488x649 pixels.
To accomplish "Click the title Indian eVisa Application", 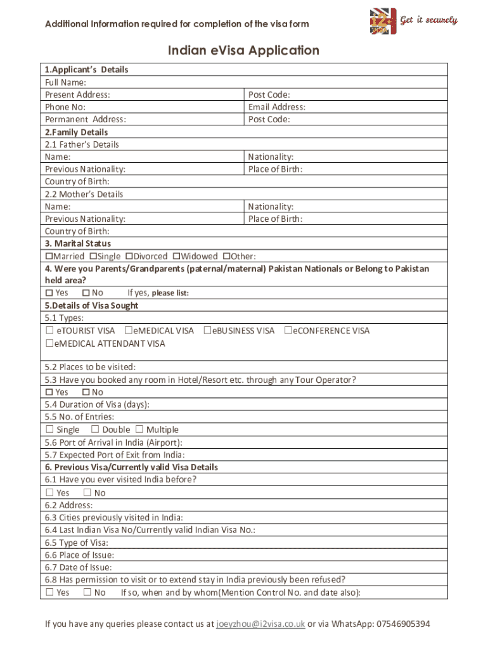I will coord(243,51).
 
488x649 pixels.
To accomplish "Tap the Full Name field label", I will coord(66,82).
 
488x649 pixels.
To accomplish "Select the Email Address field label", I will coord(277,107).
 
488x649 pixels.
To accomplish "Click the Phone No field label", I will coord(65,107).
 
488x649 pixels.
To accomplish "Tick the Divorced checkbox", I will coord(129,257).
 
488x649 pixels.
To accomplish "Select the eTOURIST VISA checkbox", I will coord(49,331).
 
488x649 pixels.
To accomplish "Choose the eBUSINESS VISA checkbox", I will coord(207,331).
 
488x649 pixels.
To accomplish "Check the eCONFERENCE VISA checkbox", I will coord(288,331).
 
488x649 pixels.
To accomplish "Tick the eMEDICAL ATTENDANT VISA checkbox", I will coord(49,344).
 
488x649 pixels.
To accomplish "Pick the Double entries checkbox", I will coord(95,430).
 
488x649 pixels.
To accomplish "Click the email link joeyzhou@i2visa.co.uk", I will coord(260,624).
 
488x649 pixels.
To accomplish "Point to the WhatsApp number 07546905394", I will coord(401,624).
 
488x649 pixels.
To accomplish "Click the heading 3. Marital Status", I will coord(78,244).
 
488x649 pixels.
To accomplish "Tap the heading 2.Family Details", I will coord(77,132).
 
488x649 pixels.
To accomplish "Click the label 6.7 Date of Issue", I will coord(79,567).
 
